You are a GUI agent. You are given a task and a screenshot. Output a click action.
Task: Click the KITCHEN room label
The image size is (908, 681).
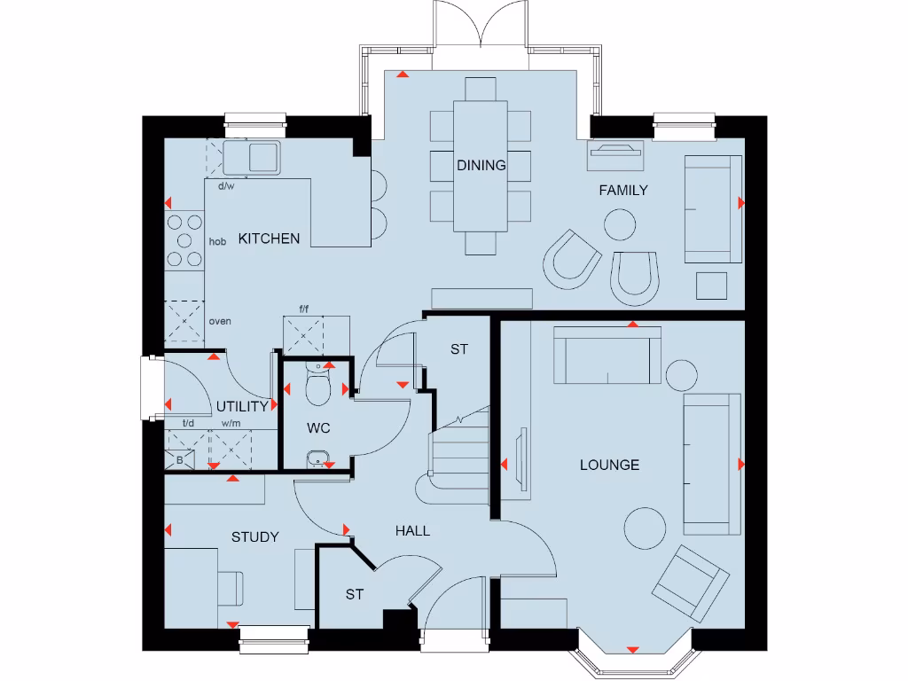[269, 239]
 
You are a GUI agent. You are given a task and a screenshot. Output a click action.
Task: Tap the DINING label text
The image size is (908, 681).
[481, 165]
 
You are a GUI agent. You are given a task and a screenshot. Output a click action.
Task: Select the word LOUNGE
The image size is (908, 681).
[609, 465]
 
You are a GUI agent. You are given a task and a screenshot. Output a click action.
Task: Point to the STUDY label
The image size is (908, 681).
[254, 536]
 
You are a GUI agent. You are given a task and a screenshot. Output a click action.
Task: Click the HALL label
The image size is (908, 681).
[412, 530]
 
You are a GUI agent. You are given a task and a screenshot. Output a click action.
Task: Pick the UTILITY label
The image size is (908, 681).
[242, 406]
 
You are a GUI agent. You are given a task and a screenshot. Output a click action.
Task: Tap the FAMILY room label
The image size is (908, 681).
[622, 190]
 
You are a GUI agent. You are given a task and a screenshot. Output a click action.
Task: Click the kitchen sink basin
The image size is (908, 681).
[263, 158]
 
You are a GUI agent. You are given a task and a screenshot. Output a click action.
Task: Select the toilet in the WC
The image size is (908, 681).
[317, 386]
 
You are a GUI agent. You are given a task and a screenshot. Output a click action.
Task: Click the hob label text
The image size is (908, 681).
[217, 241]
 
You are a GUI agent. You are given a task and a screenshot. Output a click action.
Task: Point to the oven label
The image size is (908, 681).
[220, 321]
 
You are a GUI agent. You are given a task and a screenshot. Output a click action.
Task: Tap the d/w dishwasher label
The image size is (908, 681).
[226, 186]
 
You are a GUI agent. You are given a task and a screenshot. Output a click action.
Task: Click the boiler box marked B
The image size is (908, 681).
[180, 460]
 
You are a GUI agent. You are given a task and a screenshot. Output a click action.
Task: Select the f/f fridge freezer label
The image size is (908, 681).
[303, 309]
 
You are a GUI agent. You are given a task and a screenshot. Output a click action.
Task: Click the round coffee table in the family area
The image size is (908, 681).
[621, 223]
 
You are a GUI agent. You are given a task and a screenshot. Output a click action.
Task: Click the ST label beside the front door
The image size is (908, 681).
[354, 594]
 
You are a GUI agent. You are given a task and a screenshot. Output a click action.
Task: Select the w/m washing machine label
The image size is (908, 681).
[231, 424]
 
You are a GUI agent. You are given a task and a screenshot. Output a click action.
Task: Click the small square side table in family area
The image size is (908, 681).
[711, 286]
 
